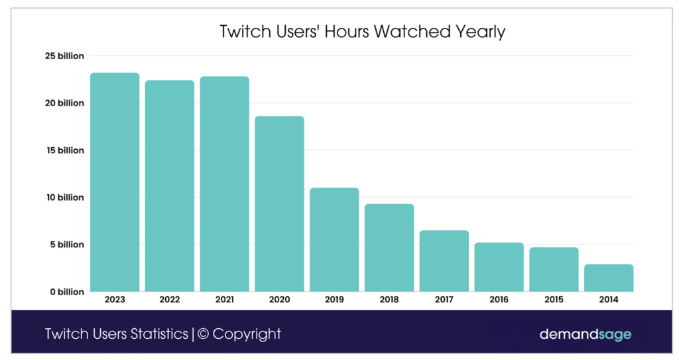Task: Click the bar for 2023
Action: point(115,182)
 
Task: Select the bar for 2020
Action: point(280,204)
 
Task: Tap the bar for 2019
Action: point(334,240)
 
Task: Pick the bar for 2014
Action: point(609,278)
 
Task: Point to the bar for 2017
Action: point(444,261)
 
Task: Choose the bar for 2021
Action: point(225,184)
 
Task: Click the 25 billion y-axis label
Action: point(65,56)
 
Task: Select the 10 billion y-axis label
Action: point(65,198)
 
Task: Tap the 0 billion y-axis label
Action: point(67,292)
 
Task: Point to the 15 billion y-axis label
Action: point(65,150)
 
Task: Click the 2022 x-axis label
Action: point(170,300)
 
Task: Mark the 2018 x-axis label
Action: point(389,300)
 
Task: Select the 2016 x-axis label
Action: point(499,300)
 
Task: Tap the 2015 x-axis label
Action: point(554,300)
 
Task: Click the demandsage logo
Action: point(586,334)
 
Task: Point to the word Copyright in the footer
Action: point(247,334)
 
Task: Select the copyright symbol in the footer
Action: point(204,334)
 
